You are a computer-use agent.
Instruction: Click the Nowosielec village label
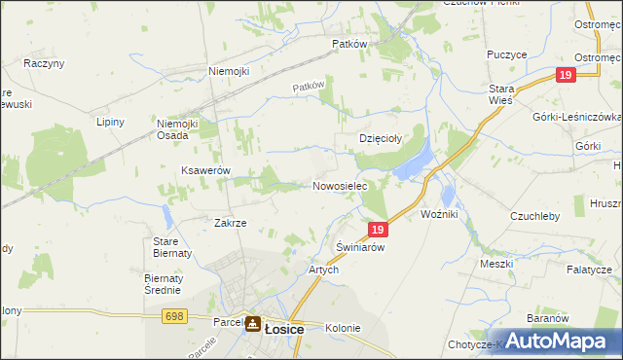[339, 186]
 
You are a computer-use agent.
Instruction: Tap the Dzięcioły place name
[383, 138]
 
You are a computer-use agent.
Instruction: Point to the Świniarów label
[360, 247]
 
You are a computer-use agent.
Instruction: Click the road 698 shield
[174, 316]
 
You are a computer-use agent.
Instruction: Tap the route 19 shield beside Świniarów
[380, 230]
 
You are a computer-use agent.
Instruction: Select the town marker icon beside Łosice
[252, 326]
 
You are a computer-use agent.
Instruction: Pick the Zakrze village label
[230, 223]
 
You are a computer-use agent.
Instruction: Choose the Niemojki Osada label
[178, 129]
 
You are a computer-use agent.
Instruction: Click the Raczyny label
[44, 63]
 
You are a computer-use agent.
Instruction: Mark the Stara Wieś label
[501, 95]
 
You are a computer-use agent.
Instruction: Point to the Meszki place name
[496, 264]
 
